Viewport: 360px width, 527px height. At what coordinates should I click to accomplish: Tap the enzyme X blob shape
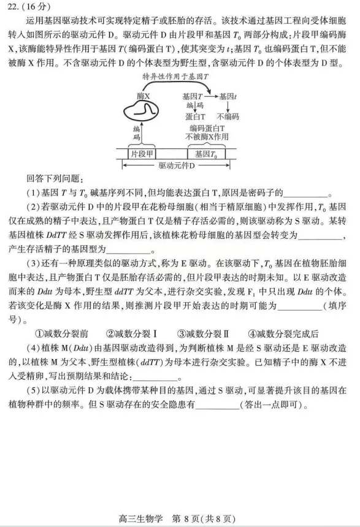click(144, 111)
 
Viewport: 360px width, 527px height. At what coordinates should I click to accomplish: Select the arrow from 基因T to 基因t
click(212, 96)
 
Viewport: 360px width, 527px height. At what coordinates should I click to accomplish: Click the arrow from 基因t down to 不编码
click(228, 106)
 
